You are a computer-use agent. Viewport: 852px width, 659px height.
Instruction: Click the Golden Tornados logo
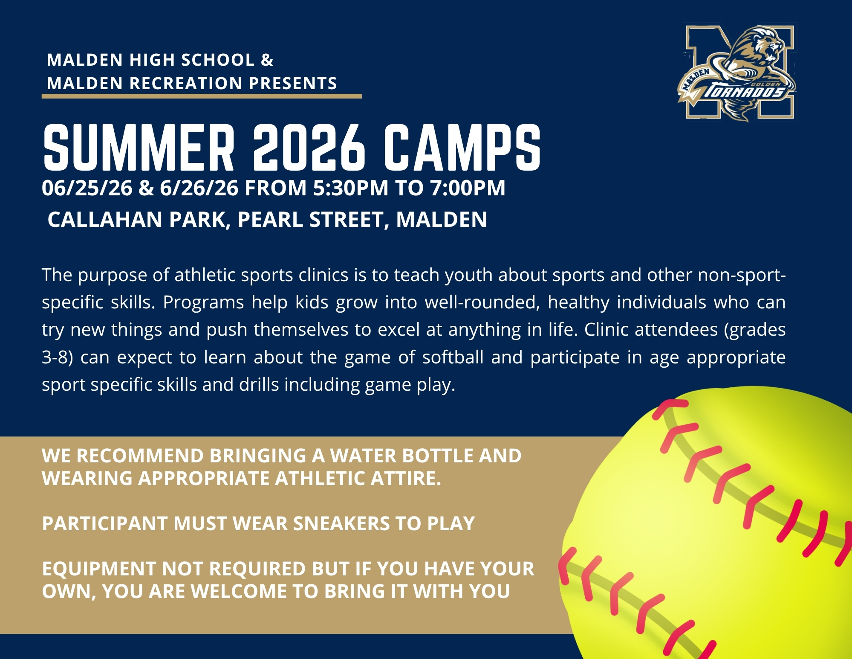pos(737,73)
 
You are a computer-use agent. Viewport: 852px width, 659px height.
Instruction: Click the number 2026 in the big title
pos(309,148)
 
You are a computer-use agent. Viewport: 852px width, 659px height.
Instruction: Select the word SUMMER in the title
pos(139,148)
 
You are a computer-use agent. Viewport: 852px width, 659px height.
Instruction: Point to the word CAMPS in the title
pos(462,148)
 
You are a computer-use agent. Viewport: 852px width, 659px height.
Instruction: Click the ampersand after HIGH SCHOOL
pos(267,60)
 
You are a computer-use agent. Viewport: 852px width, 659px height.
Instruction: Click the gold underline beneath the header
pos(202,96)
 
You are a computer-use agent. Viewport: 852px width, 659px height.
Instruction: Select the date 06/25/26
pos(87,188)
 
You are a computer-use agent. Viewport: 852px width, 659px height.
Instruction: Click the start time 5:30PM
pos(351,188)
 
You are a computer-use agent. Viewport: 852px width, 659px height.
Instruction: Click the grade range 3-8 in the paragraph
pos(55,357)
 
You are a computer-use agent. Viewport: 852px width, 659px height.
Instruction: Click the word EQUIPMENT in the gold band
pos(98,569)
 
